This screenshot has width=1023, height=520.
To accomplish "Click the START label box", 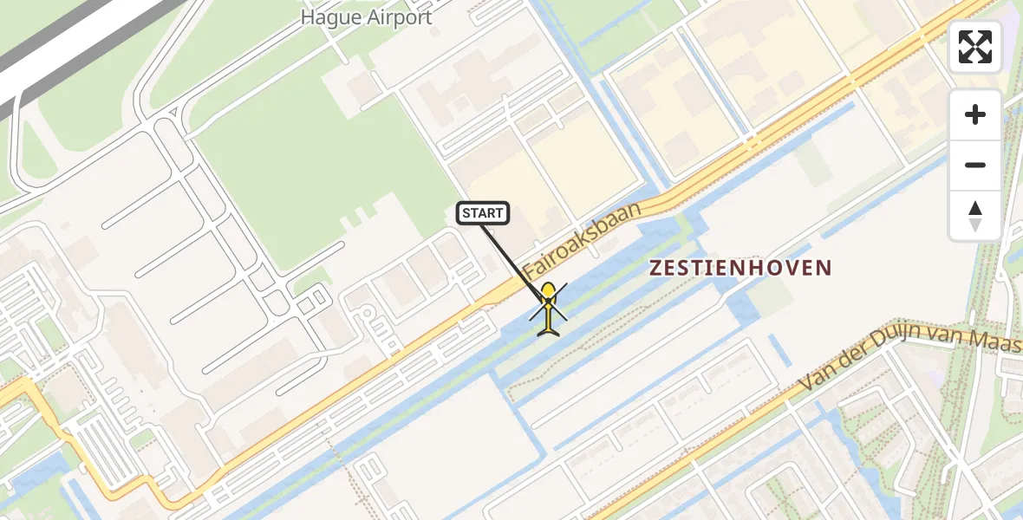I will click(482, 212).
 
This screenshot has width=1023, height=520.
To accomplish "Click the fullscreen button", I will click(975, 47).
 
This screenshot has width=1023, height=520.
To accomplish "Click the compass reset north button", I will click(975, 216).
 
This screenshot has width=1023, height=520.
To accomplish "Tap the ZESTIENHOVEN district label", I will click(740, 268).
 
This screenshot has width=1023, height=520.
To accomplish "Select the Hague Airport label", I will click(366, 17).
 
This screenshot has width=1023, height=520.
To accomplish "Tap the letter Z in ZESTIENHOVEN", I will click(656, 268).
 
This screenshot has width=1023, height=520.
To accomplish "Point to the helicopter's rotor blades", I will click(549, 301).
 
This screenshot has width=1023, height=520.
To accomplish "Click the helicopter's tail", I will click(549, 328).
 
